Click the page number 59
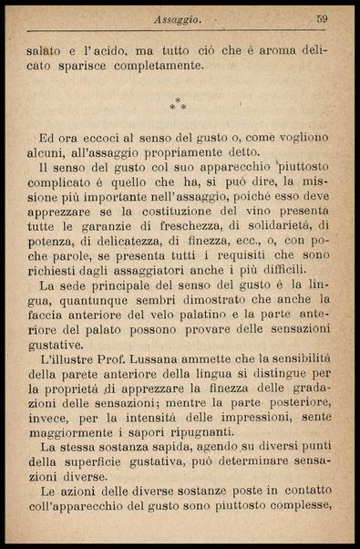point(322,17)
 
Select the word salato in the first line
point(46,49)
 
